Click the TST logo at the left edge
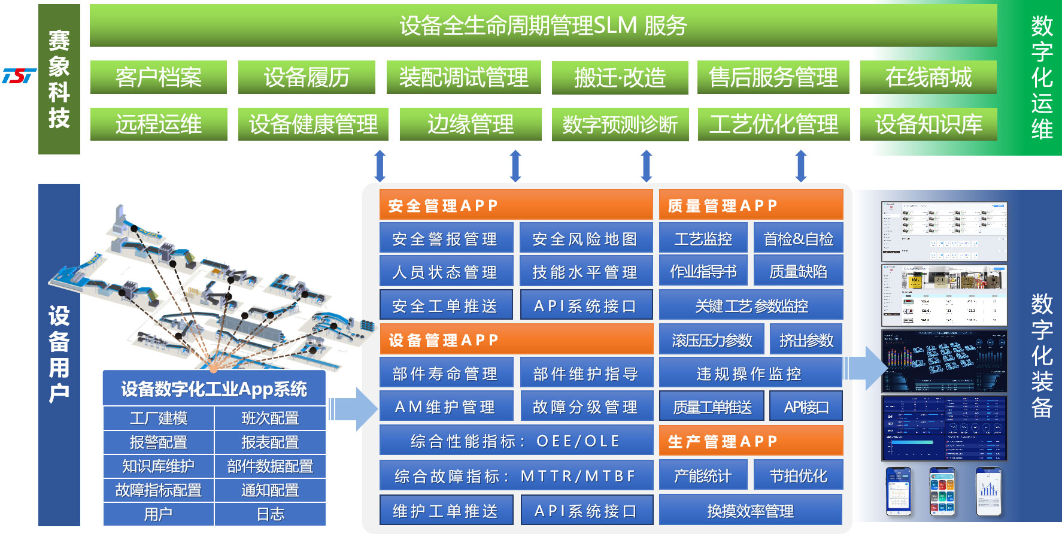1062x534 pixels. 19,76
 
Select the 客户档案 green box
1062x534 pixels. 158,77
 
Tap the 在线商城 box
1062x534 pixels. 928,77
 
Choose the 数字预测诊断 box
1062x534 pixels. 620,125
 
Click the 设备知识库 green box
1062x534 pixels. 928,125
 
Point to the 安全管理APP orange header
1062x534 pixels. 515,205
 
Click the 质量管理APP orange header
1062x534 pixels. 751,205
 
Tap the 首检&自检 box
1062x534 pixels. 798,239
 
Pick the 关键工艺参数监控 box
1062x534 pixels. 751,306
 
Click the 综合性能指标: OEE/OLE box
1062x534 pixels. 515,441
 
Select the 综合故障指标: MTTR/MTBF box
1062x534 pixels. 515,476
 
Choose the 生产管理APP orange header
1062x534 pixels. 751,441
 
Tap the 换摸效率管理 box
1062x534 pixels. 751,511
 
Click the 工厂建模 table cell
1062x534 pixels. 159,418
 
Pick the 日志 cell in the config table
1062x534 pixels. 270,514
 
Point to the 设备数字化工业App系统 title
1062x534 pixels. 214,389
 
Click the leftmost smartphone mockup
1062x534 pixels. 898,491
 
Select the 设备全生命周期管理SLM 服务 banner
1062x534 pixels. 543,26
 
